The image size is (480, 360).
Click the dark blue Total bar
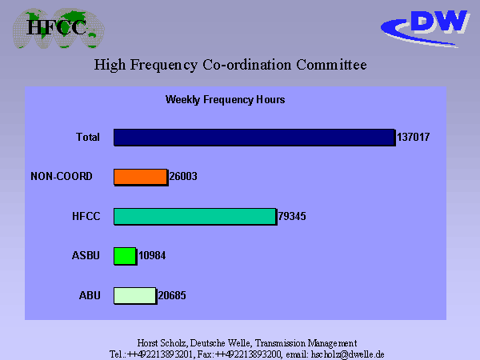click(254, 137)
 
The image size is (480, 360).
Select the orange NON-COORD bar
click(141, 177)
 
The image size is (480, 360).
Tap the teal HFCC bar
click(195, 217)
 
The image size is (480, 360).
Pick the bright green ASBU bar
click(126, 256)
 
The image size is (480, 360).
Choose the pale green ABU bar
click(135, 295)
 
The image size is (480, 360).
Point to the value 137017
click(414, 137)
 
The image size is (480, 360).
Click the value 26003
click(183, 176)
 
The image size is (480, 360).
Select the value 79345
click(292, 216)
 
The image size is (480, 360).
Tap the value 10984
click(152, 255)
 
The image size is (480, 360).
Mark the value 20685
click(172, 295)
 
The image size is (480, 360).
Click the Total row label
click(88, 137)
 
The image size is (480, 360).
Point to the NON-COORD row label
click(62, 176)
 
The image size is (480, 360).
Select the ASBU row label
click(86, 255)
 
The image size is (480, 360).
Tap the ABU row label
click(90, 295)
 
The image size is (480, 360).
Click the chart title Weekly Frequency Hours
click(226, 100)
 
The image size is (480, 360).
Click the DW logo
click(426, 29)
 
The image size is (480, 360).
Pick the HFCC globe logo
click(58, 29)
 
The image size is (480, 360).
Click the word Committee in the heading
click(331, 65)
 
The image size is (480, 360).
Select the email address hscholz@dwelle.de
click(347, 354)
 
